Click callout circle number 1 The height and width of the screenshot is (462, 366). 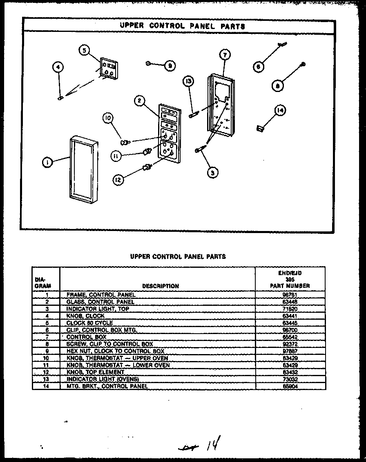click(48, 162)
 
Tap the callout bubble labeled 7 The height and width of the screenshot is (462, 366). click(225, 55)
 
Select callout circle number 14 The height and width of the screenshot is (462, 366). click(281, 110)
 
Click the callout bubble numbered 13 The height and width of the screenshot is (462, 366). click(188, 81)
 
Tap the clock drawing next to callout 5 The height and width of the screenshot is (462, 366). click(108, 68)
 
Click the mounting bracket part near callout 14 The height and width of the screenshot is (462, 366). click(259, 129)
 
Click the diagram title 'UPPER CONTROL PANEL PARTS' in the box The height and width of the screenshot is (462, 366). click(182, 26)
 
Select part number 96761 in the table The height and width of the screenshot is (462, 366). click(290, 294)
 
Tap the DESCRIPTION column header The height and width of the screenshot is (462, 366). click(161, 286)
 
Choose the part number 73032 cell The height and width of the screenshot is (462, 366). click(290, 379)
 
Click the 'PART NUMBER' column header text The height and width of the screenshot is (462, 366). click(290, 286)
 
